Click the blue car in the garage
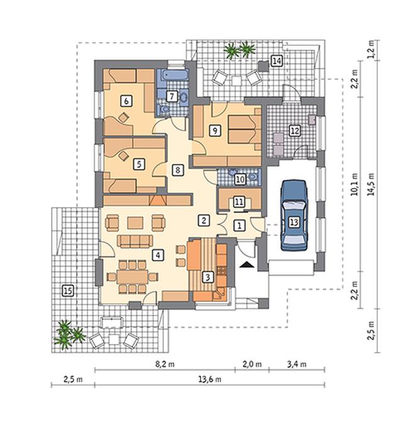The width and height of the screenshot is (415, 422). point(294,215)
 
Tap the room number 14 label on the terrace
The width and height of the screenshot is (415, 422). point(277,61)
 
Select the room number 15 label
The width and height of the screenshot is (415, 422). point(68,291)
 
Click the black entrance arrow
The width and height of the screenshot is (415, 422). point(247,265)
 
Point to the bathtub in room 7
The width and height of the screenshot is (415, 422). point(172,75)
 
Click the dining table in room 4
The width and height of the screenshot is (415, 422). point(132,277)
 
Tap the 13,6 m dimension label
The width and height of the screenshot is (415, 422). point(210,379)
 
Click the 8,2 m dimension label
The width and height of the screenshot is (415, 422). point(165,364)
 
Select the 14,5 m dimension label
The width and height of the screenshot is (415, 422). point(372,184)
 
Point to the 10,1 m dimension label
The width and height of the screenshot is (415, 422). point(355,184)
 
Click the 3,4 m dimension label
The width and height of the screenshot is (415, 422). point(297,364)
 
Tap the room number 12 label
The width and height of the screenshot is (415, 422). point(295,131)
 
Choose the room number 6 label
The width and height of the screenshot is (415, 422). point(126,101)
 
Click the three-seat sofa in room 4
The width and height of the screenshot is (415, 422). point(135,241)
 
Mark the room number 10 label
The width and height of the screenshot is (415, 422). point(240,179)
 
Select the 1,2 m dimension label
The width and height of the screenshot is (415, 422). point(372,50)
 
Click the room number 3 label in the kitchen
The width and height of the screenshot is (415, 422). point(207,277)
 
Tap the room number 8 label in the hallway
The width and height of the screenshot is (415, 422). point(177,170)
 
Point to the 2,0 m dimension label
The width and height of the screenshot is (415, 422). point(252,364)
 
